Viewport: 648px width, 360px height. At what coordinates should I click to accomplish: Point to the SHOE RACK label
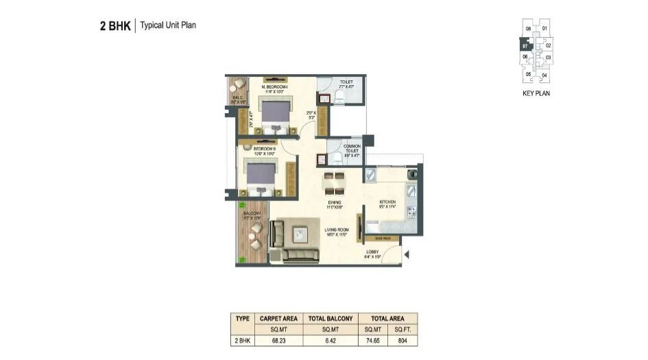[x=382, y=238]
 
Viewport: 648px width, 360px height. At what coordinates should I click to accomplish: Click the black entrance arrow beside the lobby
[x=407, y=256]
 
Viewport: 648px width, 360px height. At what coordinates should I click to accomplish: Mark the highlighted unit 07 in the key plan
[x=525, y=47]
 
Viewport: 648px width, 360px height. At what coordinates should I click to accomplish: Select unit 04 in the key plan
[x=544, y=75]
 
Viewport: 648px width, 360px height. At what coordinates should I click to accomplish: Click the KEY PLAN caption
[x=536, y=93]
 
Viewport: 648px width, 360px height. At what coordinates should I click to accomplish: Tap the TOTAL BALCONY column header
[x=331, y=318]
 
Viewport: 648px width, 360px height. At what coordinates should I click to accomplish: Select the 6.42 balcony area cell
[x=331, y=339]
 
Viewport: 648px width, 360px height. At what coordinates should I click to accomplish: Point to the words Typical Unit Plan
[x=169, y=26]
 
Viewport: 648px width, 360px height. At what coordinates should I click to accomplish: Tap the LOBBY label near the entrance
[x=372, y=253]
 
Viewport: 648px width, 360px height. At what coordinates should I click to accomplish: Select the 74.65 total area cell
[x=374, y=339]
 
